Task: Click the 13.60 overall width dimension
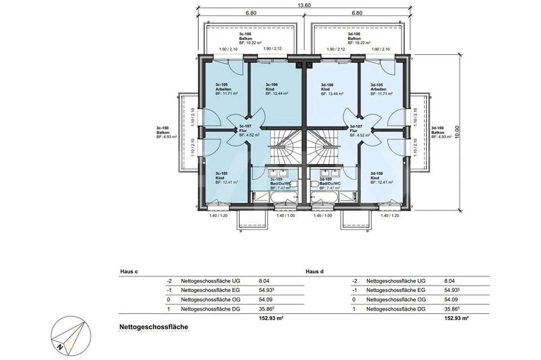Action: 304,5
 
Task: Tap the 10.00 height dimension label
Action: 457,132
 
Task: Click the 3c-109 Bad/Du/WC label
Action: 280,184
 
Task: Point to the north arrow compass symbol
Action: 71,335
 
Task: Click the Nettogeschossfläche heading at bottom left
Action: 153,327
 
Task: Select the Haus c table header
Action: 129,271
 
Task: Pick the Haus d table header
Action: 314,271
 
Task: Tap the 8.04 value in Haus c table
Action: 264,281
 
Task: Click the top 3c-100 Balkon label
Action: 250,38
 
